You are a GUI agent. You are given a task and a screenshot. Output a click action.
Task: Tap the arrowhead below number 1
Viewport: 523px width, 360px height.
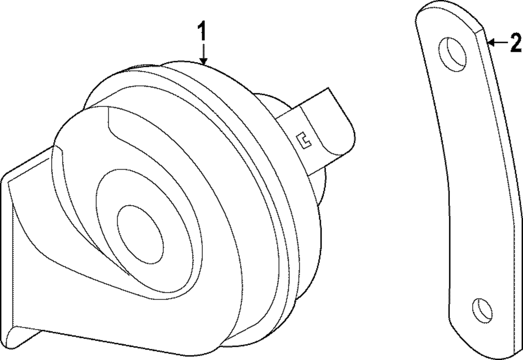(x=203, y=61)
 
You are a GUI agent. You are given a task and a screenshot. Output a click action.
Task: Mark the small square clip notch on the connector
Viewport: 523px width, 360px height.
(x=304, y=140)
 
